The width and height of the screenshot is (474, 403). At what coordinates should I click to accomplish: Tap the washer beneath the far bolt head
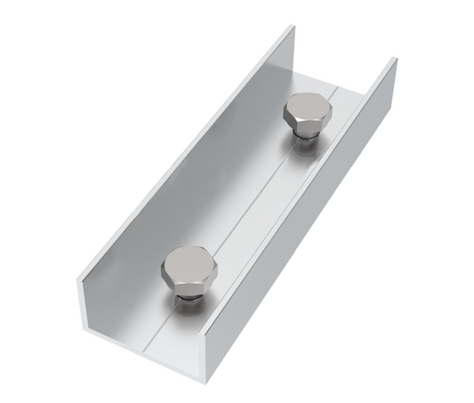(x=308, y=134)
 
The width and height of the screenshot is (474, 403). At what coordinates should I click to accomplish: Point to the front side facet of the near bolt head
(x=188, y=284)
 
